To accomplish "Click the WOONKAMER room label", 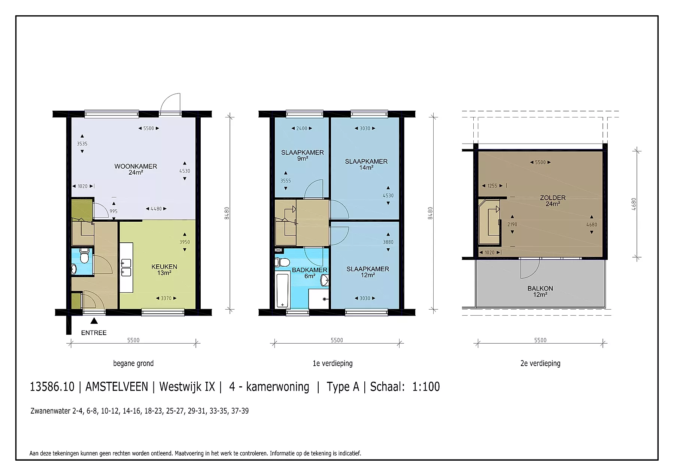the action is click(136, 169).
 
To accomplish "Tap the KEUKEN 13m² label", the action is click(164, 270).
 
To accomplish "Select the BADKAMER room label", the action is click(310, 273).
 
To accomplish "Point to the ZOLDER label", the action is click(553, 201).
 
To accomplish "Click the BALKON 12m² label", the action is click(540, 291).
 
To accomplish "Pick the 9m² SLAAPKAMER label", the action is click(303, 156).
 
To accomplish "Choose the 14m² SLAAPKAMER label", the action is click(366, 165).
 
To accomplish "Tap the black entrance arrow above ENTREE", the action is click(94, 320).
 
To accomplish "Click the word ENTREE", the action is click(94, 333).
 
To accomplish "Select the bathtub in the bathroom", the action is click(283, 291).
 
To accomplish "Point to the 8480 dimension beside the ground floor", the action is click(227, 213).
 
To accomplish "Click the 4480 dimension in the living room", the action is click(156, 209).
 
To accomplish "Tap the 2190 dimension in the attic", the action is click(512, 224).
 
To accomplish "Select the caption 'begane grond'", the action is click(133, 363).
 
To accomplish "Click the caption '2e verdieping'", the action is click(540, 363).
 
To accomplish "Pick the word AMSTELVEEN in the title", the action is click(117, 387).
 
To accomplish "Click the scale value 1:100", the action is click(426, 387).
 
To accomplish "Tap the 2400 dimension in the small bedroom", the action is click(302, 128).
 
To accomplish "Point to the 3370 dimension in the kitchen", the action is click(166, 298).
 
